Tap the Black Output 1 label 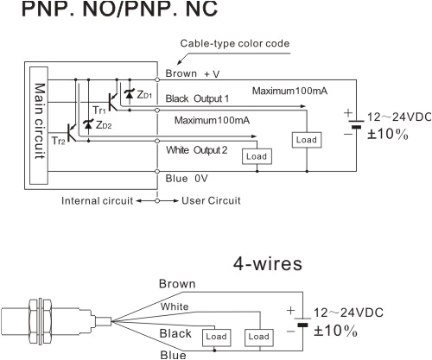pos(200,99)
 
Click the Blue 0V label pos(188,180)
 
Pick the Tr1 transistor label pos(99,111)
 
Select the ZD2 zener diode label pos(103,125)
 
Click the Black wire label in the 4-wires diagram pos(176,333)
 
